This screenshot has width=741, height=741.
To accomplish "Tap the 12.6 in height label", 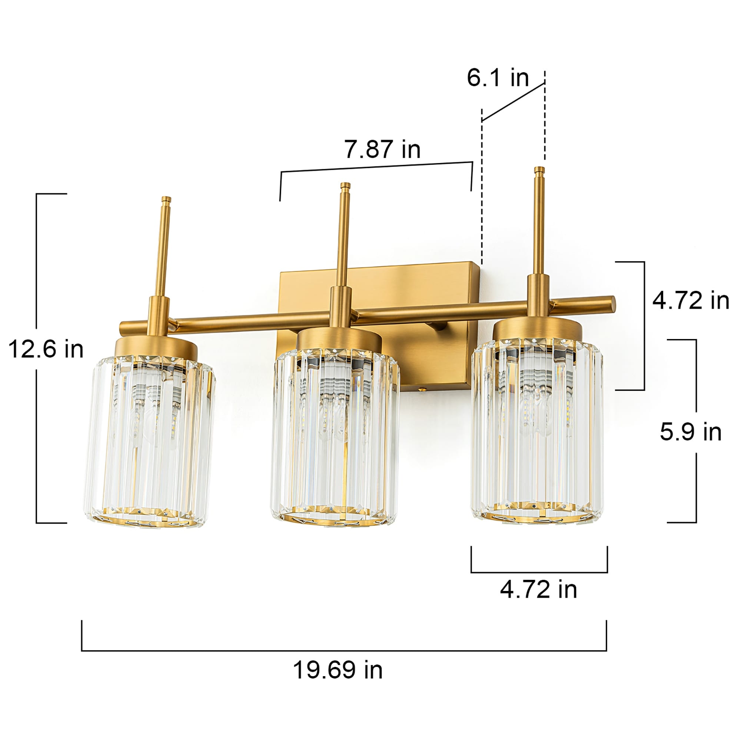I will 46,349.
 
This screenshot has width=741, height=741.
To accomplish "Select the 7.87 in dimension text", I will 382,149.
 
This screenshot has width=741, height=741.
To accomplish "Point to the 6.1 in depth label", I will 498,78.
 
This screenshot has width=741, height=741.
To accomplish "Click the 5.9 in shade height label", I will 690,432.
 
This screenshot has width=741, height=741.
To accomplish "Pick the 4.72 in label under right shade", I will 538,589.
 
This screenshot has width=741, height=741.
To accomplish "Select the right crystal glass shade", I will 537,433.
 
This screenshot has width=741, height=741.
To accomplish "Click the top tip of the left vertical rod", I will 166,199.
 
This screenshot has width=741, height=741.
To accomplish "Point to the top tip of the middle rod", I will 345,185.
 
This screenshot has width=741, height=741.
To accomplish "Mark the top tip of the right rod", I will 539,170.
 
